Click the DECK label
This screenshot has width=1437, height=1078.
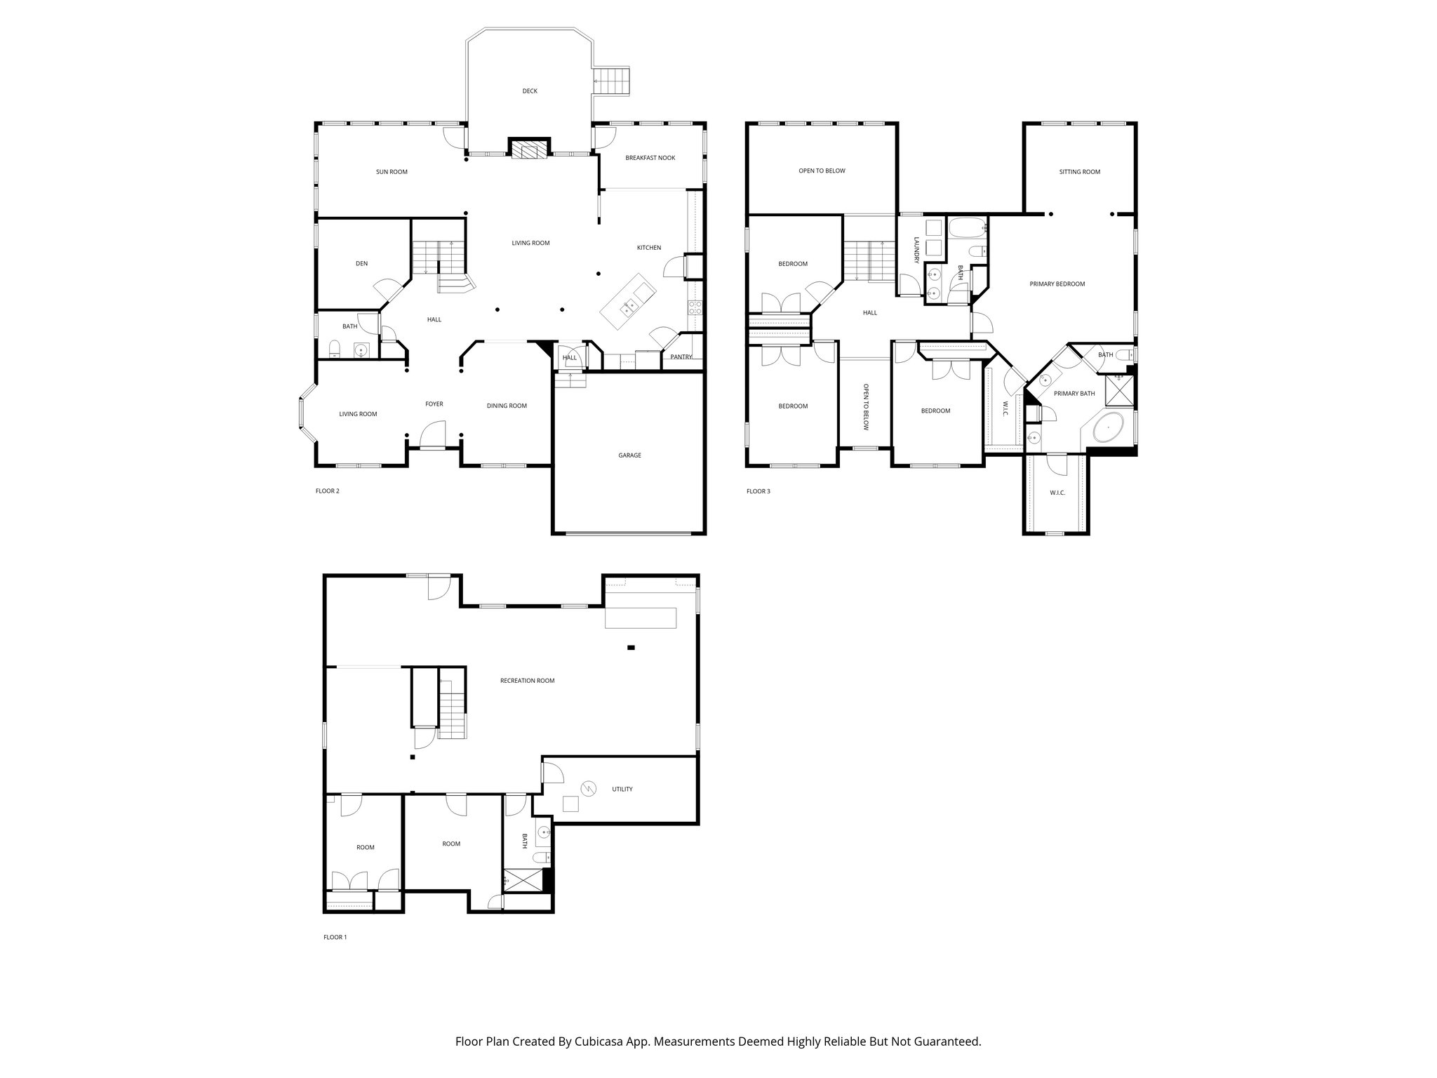(x=530, y=91)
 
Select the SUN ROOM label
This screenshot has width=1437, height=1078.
(x=392, y=172)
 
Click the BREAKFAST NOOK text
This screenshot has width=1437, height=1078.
(x=650, y=158)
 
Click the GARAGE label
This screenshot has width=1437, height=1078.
(x=629, y=455)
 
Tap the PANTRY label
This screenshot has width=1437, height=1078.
(x=681, y=357)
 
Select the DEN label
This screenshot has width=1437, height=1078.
(x=361, y=264)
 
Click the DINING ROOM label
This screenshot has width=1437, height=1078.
(x=507, y=406)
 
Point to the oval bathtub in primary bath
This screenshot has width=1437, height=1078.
(x=1109, y=427)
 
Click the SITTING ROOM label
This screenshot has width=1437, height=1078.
(x=1079, y=172)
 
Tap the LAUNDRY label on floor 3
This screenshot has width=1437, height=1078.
(x=916, y=251)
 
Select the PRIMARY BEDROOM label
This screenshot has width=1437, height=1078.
(x=1057, y=284)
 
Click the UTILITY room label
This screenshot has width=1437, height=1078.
(x=622, y=789)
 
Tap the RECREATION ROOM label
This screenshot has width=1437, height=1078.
(x=527, y=681)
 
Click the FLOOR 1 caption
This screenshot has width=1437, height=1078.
(x=335, y=937)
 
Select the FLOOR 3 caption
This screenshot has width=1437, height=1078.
(x=758, y=491)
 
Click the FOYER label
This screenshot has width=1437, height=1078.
(x=434, y=404)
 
